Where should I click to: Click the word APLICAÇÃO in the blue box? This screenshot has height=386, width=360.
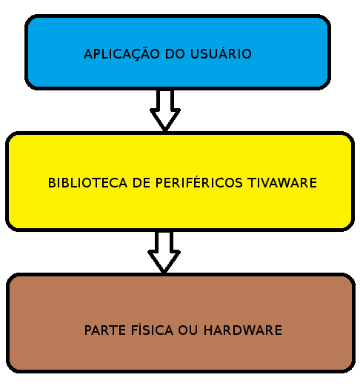click(121, 53)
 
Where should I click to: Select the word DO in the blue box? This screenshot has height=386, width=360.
click(175, 54)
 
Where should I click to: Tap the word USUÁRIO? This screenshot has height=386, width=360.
click(221, 53)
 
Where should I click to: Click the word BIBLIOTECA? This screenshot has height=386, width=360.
click(87, 183)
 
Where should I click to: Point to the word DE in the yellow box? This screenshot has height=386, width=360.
click(141, 183)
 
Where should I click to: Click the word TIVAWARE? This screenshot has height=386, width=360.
click(282, 183)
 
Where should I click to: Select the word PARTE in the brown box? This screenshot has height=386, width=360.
click(105, 330)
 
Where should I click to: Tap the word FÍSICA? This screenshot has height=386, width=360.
click(152, 329)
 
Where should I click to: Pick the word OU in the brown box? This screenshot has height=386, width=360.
click(188, 330)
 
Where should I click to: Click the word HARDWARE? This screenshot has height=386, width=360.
click(243, 330)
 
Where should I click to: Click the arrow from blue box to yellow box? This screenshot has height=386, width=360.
click(165, 110)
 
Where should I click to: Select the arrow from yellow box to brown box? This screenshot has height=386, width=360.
click(164, 252)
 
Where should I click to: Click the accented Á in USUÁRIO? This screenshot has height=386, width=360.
click(224, 53)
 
